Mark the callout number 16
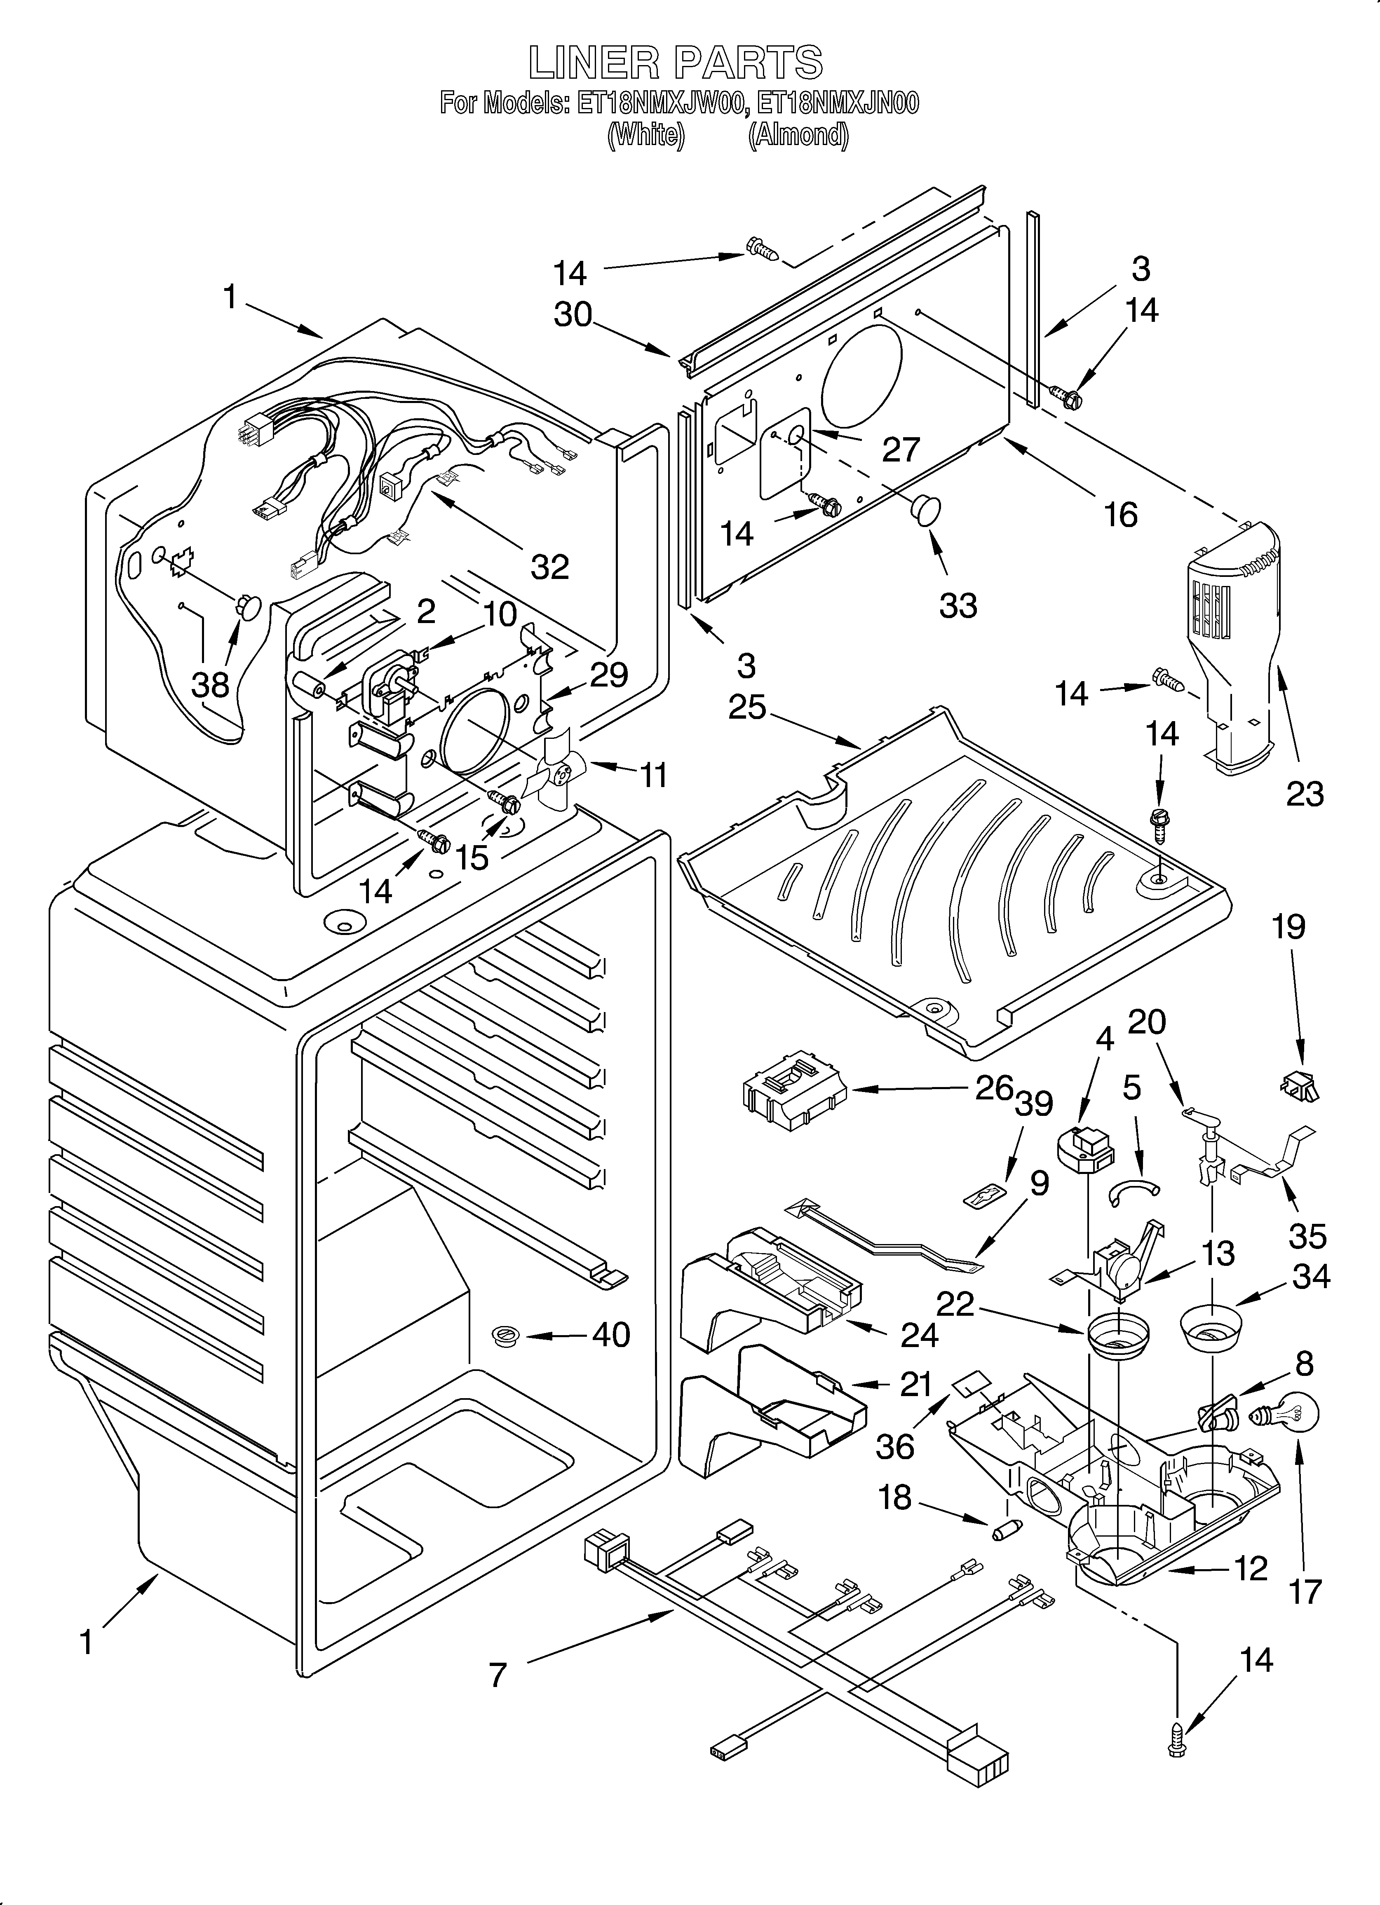point(1120,514)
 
